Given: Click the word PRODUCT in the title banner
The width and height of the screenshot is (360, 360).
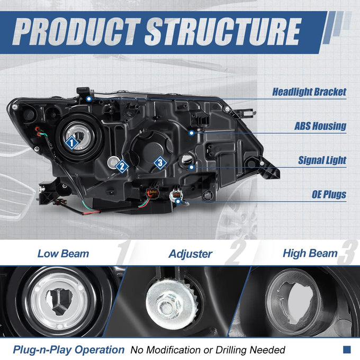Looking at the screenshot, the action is [76, 32].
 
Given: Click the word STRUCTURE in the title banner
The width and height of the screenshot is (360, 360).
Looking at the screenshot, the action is [223, 32].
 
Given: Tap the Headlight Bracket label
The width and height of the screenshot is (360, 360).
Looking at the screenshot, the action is [309, 92].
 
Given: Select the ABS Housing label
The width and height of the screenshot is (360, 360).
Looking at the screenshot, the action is [320, 126].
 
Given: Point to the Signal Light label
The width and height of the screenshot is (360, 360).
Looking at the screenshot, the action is [322, 160].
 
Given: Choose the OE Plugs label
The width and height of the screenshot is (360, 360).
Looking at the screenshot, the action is [329, 194].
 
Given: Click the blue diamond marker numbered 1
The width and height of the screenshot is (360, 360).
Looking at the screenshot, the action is [72, 142].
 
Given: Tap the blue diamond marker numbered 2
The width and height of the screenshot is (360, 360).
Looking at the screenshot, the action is [122, 166].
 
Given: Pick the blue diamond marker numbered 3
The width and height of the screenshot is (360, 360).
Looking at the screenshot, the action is [160, 163].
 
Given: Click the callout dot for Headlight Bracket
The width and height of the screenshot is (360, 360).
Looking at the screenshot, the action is [89, 99].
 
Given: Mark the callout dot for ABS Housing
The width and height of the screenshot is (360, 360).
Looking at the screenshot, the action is [192, 133].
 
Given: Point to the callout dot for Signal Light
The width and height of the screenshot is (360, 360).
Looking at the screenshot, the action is [192, 167].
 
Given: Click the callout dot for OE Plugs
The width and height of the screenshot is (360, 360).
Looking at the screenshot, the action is [178, 202].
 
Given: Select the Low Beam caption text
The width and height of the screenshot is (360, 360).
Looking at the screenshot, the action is [63, 254].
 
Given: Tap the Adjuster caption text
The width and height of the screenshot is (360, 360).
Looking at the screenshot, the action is [191, 254].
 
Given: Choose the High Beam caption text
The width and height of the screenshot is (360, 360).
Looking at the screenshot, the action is [310, 253].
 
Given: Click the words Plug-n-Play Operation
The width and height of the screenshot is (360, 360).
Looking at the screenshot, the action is [69, 350].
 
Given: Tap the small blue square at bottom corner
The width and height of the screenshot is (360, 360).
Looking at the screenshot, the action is [347, 349].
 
